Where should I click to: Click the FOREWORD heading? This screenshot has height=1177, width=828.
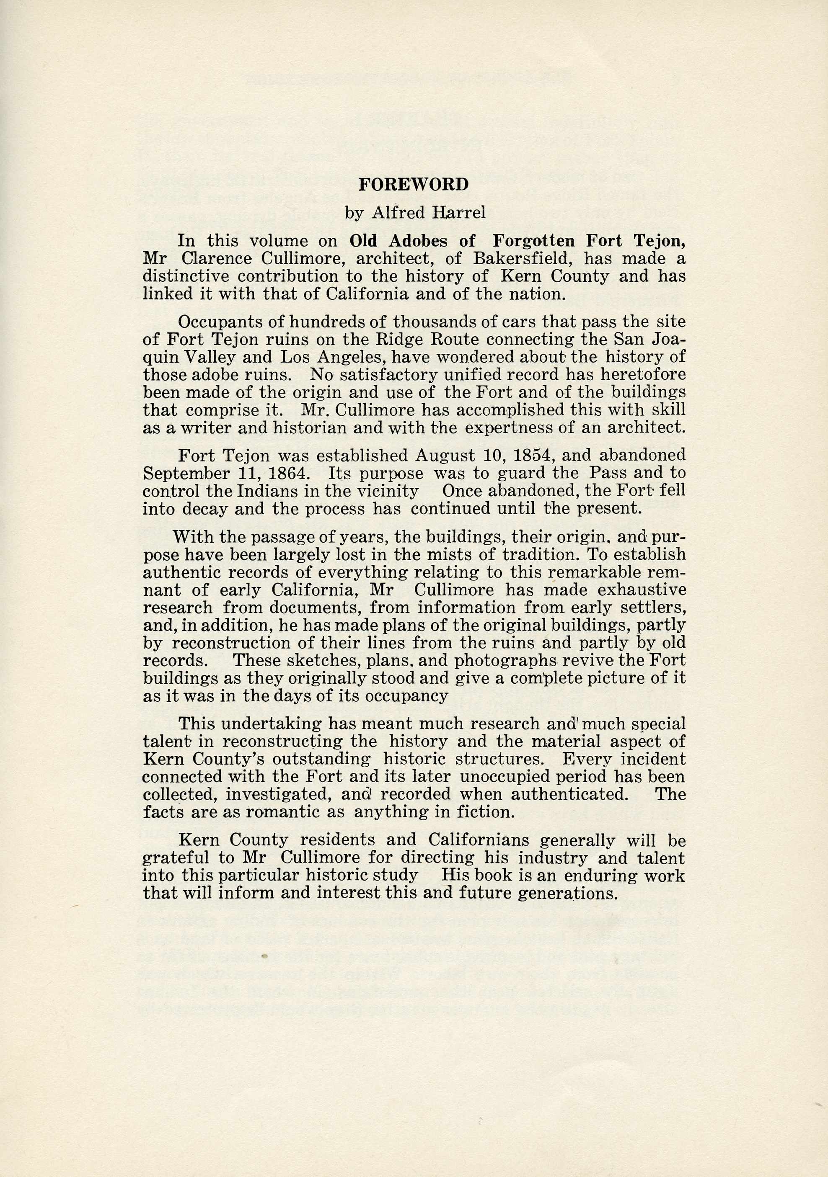(414, 185)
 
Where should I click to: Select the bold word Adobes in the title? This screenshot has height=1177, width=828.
(412, 241)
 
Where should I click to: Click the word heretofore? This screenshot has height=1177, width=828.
(643, 375)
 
